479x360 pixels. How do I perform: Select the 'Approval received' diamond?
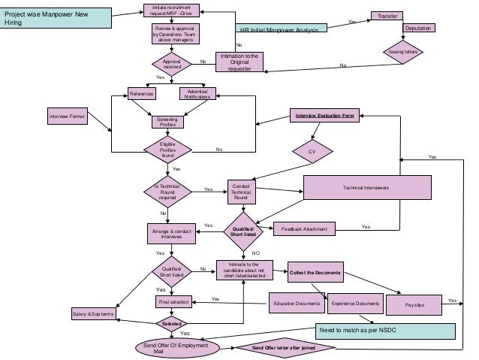pyautogui.click(x=173, y=64)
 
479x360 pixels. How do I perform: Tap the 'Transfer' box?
pyautogui.click(x=387, y=15)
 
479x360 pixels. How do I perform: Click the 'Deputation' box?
pyautogui.click(x=418, y=28)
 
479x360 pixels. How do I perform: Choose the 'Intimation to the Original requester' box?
pyautogui.click(x=239, y=62)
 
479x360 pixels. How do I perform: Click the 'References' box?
pyautogui.click(x=141, y=94)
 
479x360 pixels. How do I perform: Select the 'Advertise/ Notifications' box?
pyautogui.click(x=198, y=94)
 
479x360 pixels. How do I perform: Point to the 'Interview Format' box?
pyautogui.click(x=68, y=117)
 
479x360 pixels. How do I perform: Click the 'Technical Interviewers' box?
pyautogui.click(x=366, y=188)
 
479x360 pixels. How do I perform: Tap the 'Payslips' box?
pyautogui.click(x=414, y=304)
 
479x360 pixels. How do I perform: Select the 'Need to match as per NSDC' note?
pyautogui.click(x=386, y=331)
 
